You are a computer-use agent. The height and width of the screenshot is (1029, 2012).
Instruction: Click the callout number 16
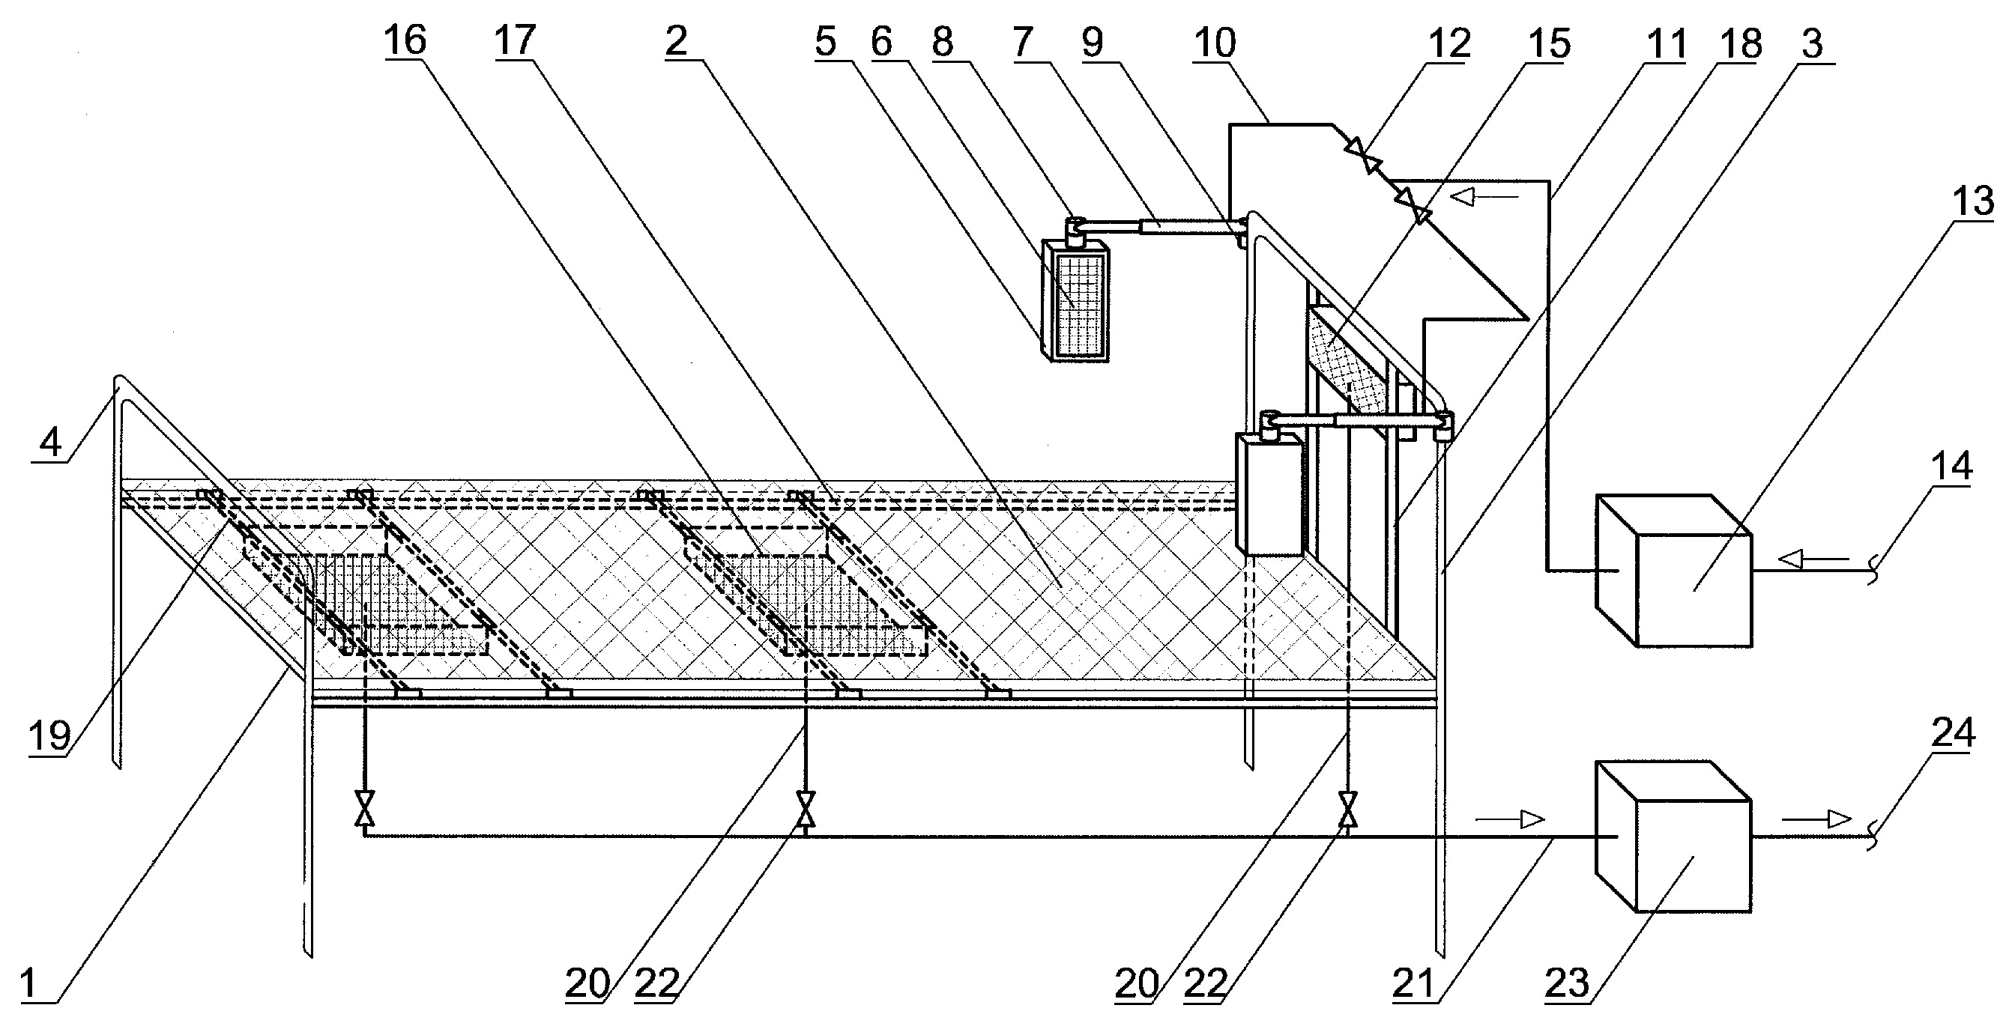pos(405,40)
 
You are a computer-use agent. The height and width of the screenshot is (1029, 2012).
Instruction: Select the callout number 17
pos(515,40)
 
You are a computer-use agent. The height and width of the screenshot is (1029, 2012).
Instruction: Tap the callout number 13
pos(1974,201)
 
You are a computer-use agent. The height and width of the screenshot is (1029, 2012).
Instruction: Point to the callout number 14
pos(1952,466)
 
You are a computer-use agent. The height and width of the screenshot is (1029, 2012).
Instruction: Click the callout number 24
pos(1954,733)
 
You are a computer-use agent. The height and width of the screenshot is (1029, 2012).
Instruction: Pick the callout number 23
pos(1567,982)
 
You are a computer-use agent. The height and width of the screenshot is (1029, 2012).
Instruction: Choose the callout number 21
pos(1414,982)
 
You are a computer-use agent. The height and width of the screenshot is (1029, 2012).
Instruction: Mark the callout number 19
pos(50,735)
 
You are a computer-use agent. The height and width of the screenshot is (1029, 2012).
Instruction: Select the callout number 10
pos(1215,43)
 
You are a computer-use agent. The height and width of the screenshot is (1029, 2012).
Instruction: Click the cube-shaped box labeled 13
pos(1673,571)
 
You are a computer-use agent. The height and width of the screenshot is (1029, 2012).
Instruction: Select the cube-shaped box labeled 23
pos(1673,837)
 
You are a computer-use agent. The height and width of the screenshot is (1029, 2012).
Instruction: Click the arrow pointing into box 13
pos(1813,558)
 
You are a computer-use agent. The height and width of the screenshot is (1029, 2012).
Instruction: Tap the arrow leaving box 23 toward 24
pos(1816,820)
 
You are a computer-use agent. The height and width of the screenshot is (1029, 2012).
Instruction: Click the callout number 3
pos(1812,43)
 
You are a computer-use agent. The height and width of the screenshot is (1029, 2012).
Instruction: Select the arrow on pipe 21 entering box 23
pos(1509,820)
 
